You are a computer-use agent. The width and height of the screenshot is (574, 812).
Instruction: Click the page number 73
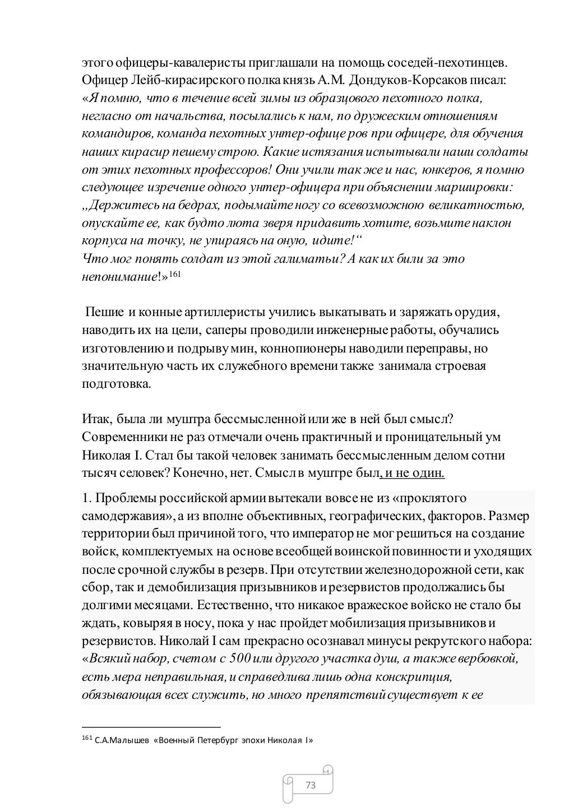[310, 785]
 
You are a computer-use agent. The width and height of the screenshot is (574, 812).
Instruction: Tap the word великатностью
[474, 205]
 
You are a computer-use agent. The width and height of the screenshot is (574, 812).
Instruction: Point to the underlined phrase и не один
[414, 473]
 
